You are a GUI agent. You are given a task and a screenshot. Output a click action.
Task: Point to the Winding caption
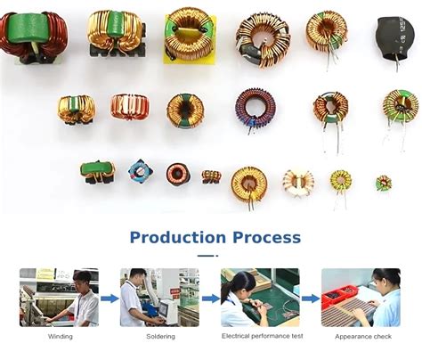point(59,336)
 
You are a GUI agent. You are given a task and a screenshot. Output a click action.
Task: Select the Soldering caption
point(161,336)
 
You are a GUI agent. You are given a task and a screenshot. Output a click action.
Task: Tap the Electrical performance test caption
point(261,336)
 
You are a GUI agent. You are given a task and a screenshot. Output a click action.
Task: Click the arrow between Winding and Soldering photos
point(110,299)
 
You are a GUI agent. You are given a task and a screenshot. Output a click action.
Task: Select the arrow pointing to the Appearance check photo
point(310,299)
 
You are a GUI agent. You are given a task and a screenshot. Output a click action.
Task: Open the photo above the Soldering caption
point(160,297)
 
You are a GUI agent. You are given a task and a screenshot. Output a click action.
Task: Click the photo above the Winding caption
point(60,297)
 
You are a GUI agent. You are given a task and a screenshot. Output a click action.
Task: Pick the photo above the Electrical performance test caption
point(260,297)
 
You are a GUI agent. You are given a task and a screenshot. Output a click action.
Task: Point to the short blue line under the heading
point(207,256)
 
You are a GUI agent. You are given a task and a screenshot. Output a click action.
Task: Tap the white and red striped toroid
point(298,183)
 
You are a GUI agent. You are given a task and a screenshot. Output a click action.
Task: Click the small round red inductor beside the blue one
point(178,173)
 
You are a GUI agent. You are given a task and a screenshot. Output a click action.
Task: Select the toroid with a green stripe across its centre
point(185,110)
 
